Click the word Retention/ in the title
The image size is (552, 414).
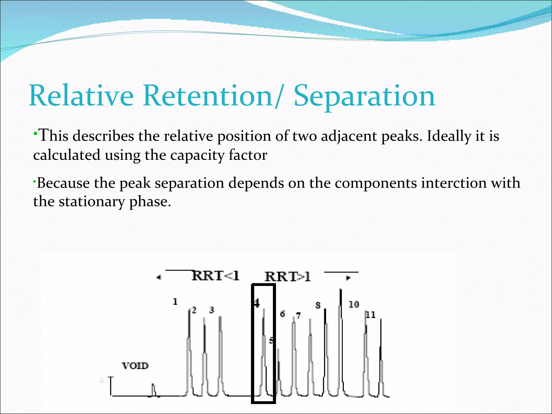(213, 96)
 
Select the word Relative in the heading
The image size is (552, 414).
(81, 96)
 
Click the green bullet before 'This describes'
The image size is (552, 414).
(35, 134)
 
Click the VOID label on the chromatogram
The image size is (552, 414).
(135, 366)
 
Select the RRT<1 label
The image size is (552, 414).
(215, 276)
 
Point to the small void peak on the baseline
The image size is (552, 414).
(153, 388)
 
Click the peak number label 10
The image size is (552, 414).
(354, 305)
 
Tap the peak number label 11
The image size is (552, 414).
(371, 315)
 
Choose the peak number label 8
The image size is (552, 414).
(318, 305)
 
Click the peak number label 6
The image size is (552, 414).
(282, 314)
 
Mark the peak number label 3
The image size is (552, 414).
(212, 310)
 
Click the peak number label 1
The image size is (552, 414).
(175, 302)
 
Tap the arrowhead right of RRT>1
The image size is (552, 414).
(348, 278)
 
